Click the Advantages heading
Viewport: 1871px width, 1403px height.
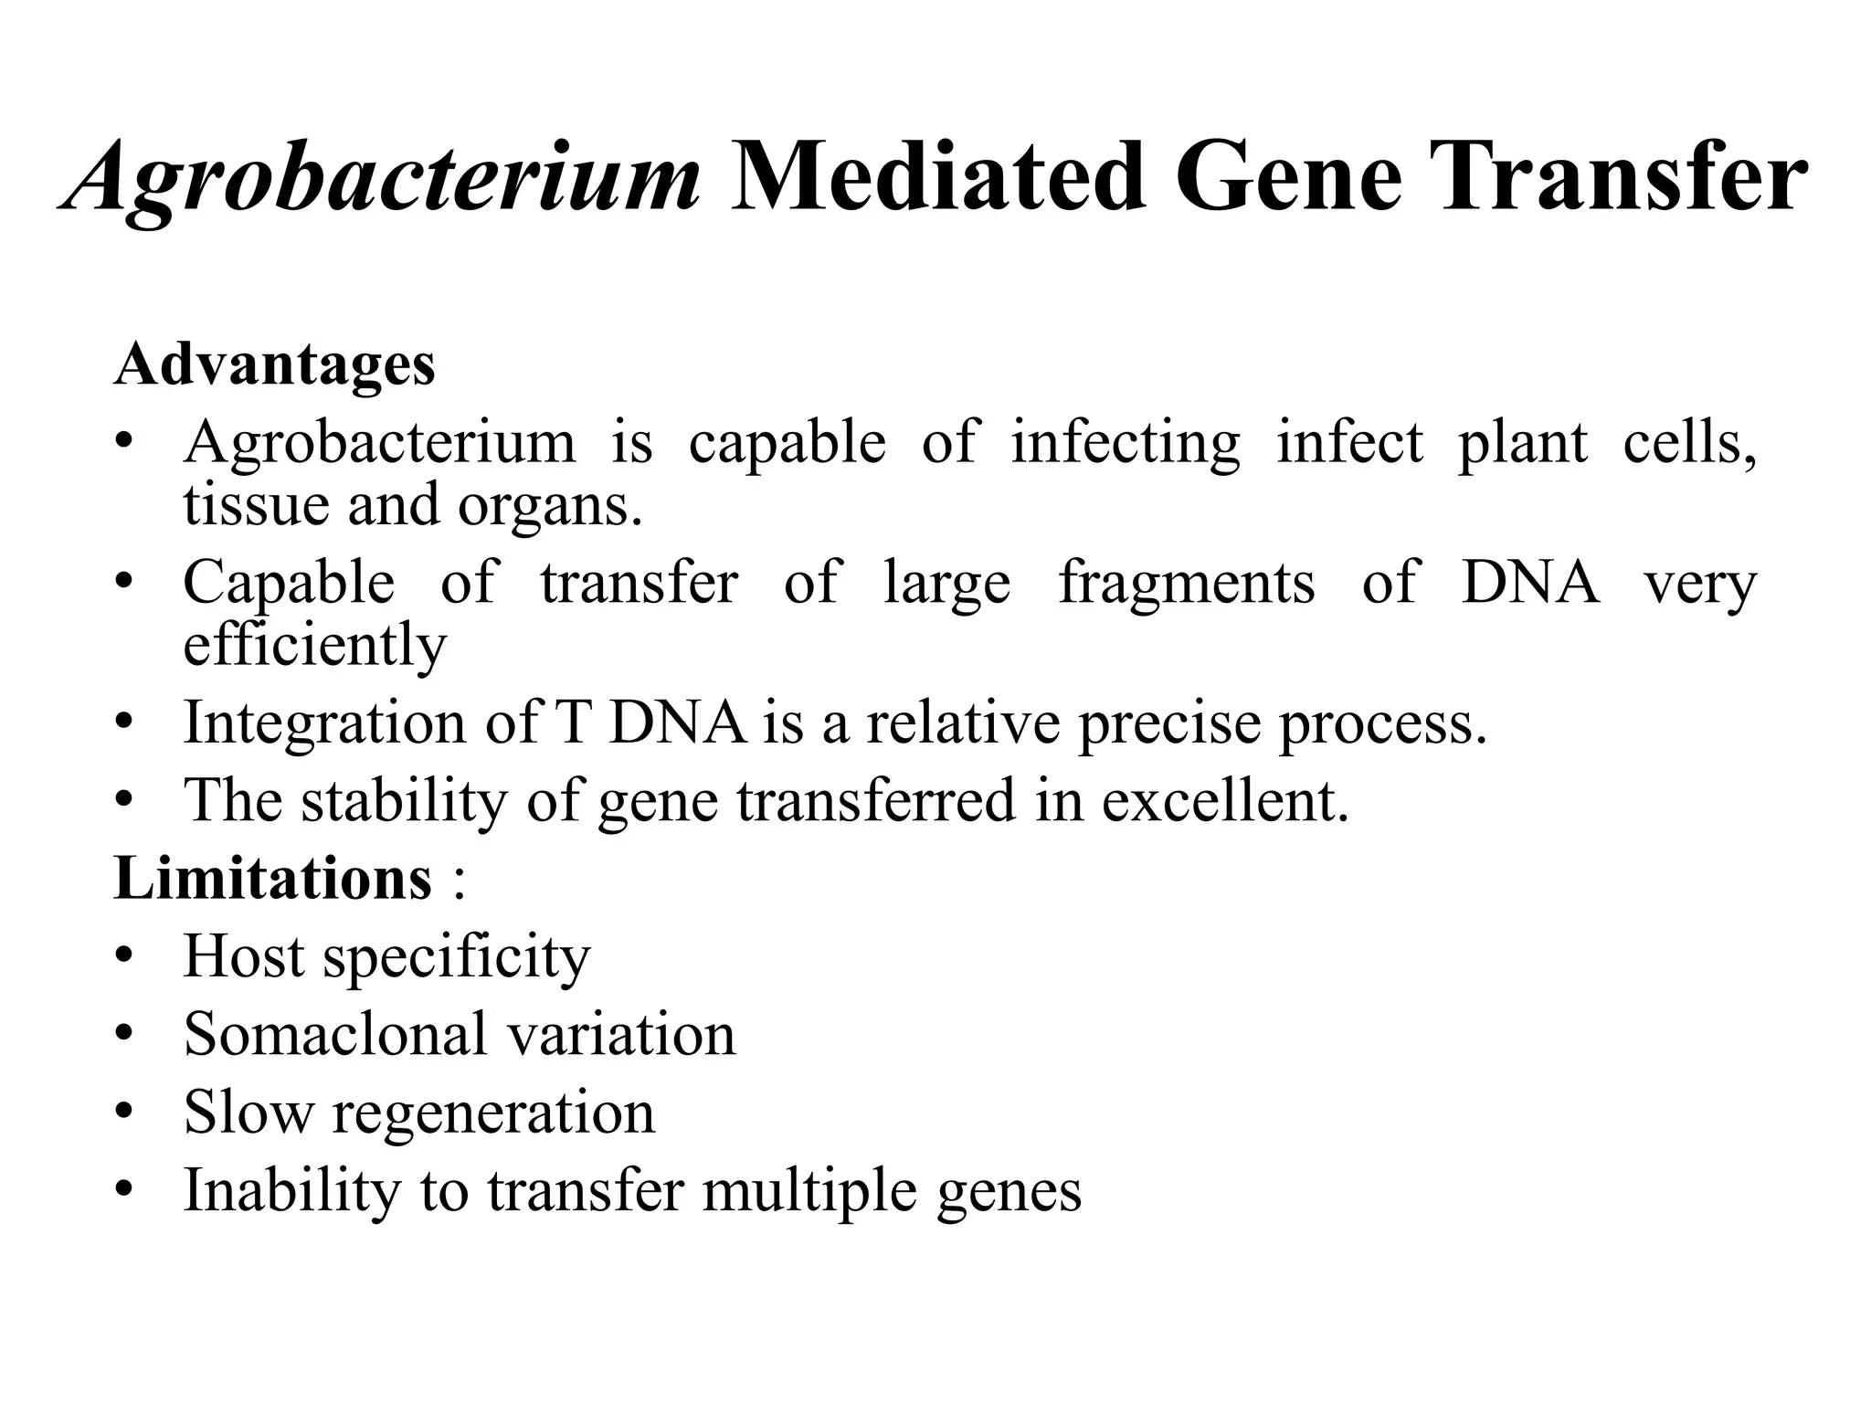click(274, 364)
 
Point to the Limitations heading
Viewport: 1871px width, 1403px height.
click(272, 879)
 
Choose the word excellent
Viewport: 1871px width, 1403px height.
click(1224, 801)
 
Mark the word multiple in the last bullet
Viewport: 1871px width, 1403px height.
click(809, 1191)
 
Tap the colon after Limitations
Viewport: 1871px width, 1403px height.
click(458, 882)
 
